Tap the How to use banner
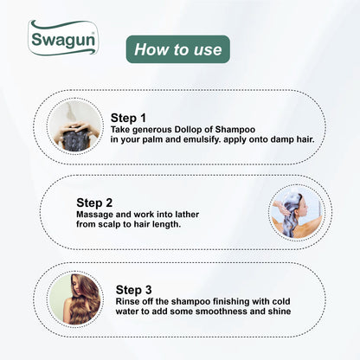pos(177,49)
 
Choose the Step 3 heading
pos(136,289)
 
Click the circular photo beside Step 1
pos(73,126)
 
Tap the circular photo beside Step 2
pos(294,212)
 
